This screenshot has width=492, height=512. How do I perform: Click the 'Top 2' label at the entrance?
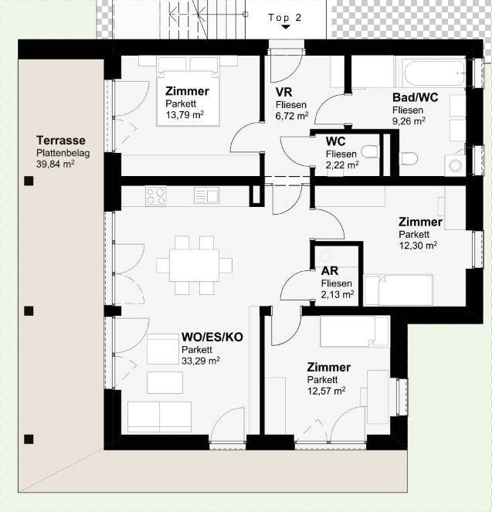click(285, 17)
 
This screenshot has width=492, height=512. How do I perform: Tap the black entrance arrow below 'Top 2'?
click(285, 27)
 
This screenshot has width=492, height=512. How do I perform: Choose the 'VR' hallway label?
click(283, 92)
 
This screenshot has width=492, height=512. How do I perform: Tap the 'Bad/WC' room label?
click(415, 97)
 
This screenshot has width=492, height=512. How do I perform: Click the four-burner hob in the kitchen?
click(155, 196)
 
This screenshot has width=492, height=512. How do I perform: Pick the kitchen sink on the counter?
click(208, 196)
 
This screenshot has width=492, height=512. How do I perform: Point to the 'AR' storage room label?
click(329, 271)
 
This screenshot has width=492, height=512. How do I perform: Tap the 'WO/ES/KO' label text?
click(212, 337)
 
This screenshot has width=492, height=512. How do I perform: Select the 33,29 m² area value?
click(201, 360)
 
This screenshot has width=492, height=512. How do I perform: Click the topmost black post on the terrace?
click(29, 181)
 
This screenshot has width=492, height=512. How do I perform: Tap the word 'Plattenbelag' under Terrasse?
click(63, 153)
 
